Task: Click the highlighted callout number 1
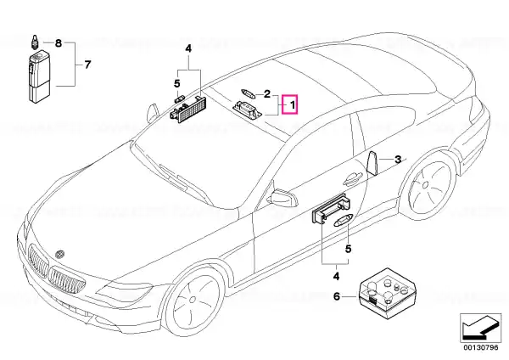pyautogui.click(x=293, y=105)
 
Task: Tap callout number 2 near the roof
pyautogui.click(x=267, y=94)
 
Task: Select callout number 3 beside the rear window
pyautogui.click(x=398, y=160)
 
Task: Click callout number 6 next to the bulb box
pyautogui.click(x=337, y=296)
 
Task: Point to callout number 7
pyautogui.click(x=87, y=65)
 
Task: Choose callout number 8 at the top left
pyautogui.click(x=58, y=43)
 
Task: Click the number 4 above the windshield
pyautogui.click(x=188, y=48)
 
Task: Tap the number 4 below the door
pyautogui.click(x=336, y=277)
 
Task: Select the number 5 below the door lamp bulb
pyautogui.click(x=348, y=249)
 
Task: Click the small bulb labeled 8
pyautogui.click(x=35, y=42)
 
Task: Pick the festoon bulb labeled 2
pyautogui.click(x=249, y=93)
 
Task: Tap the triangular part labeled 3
pyautogui.click(x=372, y=163)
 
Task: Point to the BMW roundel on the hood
pyautogui.click(x=59, y=254)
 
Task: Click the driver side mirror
pyautogui.click(x=283, y=198)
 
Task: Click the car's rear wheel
pyautogui.click(x=428, y=186)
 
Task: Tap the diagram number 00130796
pyautogui.click(x=480, y=347)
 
